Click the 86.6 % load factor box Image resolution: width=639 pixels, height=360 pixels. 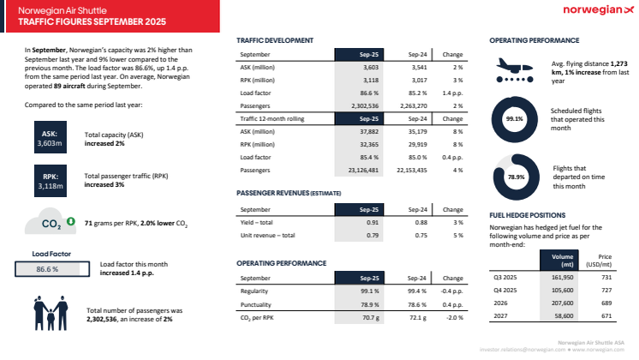47,268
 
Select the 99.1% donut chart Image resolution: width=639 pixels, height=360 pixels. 515,119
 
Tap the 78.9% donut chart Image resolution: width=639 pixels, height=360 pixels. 515,177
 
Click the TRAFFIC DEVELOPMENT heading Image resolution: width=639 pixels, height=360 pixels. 274,40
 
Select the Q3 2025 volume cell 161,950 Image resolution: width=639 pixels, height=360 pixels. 560,278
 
